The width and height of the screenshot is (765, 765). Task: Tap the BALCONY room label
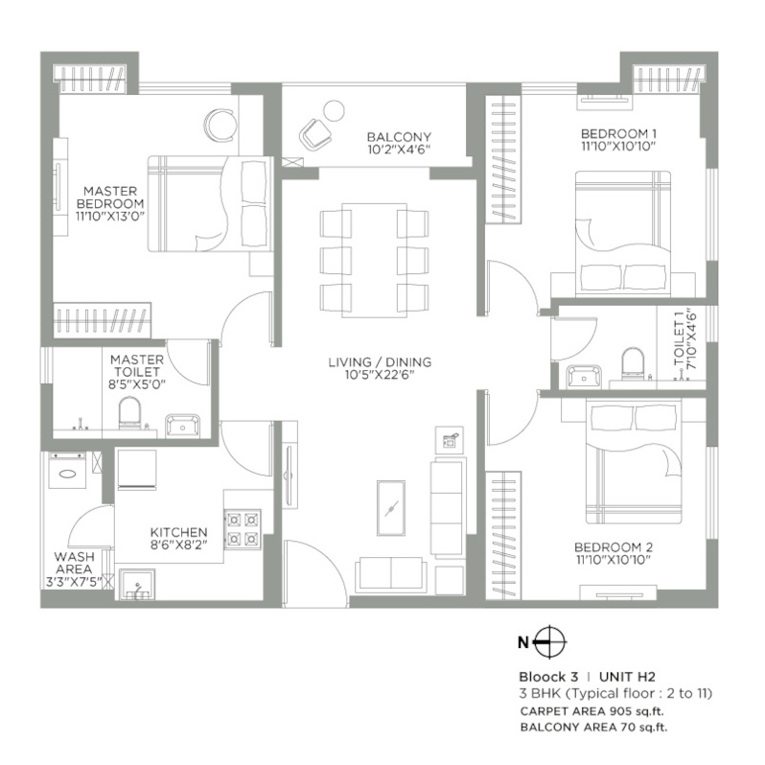(x=399, y=137)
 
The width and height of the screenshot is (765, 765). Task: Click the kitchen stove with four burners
(x=243, y=528)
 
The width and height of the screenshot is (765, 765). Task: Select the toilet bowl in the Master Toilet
(x=129, y=413)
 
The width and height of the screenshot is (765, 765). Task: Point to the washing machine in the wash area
(x=68, y=470)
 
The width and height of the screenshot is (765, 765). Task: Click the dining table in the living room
(x=374, y=261)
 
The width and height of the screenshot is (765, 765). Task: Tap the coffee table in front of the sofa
(x=391, y=508)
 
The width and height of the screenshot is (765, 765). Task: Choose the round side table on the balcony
(x=335, y=111)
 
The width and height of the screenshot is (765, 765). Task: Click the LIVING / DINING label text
(x=380, y=362)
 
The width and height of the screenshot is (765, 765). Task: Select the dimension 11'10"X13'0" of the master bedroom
(x=111, y=216)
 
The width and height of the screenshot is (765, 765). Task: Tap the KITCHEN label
(x=178, y=532)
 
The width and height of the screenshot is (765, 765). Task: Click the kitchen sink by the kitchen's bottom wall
(x=137, y=584)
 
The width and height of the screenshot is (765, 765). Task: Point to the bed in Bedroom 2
(x=634, y=461)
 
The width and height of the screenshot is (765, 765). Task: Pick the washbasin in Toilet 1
(x=584, y=376)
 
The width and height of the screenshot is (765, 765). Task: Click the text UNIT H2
(x=627, y=677)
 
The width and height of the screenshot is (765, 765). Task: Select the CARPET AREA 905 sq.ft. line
(x=591, y=711)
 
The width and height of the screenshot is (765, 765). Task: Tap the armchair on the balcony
(x=315, y=133)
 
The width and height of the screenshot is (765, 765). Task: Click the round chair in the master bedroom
(x=220, y=125)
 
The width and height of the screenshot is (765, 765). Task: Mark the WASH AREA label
(x=74, y=563)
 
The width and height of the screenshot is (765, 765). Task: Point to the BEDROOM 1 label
(x=618, y=133)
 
